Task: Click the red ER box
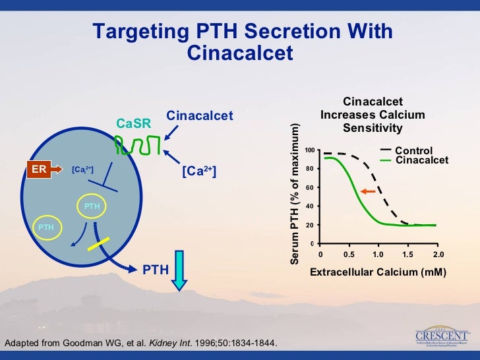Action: coord(40,169)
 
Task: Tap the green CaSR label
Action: coord(134,123)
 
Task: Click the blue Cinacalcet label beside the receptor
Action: coord(200,116)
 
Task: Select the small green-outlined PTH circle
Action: coord(45,227)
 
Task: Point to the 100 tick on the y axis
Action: coord(309,151)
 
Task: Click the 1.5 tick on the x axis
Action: coord(407,254)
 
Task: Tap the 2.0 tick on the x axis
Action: coord(438,254)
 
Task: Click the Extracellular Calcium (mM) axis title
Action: coord(378,272)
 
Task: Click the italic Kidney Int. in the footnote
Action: coord(173,344)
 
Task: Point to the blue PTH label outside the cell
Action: coord(156,269)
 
